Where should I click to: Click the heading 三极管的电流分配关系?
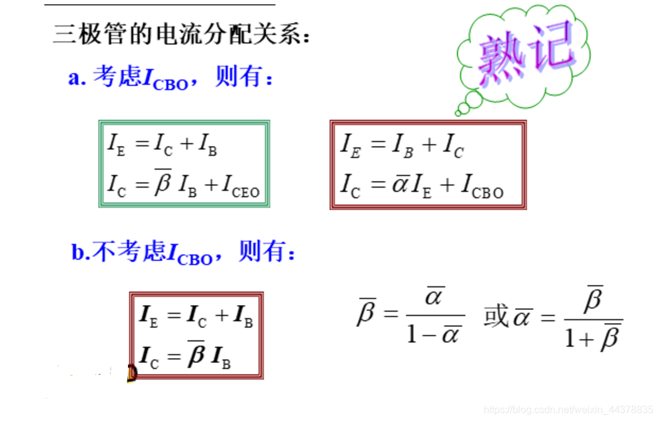coord(181,34)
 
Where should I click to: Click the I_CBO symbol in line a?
coord(166,79)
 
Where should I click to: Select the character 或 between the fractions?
coord(496,317)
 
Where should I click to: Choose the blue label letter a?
coord(76,79)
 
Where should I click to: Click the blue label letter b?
coord(77,253)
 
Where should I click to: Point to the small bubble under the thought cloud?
coord(463,110)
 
